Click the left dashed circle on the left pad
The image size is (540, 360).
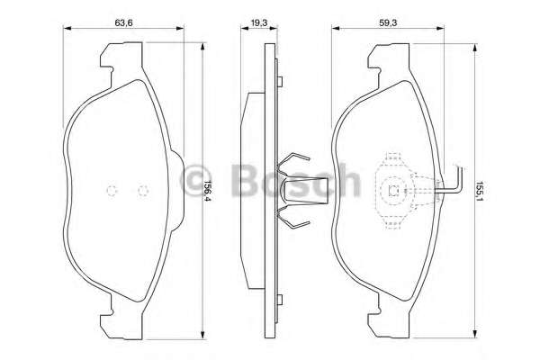112,190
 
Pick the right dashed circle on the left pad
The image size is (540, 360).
142,190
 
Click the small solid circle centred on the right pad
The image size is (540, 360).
393,190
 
